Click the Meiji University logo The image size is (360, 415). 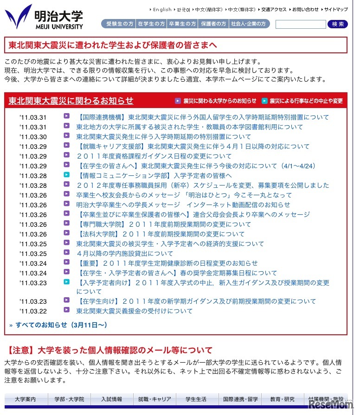pos(44,18)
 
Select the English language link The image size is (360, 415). pos(162,9)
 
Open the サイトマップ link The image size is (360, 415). pos(336,9)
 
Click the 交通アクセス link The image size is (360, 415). pos(274,9)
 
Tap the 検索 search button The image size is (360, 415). pos(338,24)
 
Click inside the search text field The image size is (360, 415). pos(301,24)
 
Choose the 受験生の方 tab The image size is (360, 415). pos(119,24)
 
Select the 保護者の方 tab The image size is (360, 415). pos(213,24)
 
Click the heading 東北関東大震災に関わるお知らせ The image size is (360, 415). pos(71,101)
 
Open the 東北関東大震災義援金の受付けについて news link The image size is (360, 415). pos(134,311)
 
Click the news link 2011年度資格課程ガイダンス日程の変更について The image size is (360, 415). pos(154,156)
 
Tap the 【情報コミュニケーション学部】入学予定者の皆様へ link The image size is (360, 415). pos(154,175)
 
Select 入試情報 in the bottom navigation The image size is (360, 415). pos(112,399)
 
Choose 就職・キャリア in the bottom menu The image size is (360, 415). pos(154,399)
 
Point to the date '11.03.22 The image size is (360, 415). pos(33,311)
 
